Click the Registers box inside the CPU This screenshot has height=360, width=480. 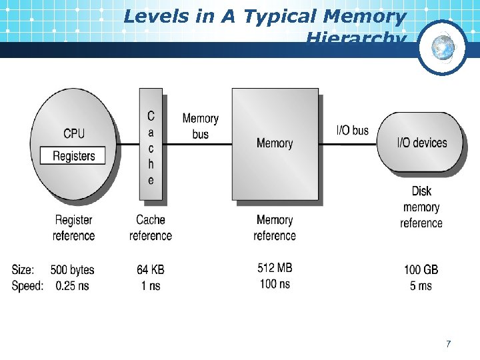(x=74, y=156)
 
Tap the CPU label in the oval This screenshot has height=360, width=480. (x=74, y=133)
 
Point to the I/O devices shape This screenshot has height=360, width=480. (x=421, y=142)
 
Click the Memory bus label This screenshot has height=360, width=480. (x=200, y=126)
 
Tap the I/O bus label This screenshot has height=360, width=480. (x=352, y=130)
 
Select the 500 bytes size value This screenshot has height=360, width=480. (x=73, y=270)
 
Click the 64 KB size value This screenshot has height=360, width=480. (x=151, y=270)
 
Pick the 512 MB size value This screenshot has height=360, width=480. (x=275, y=268)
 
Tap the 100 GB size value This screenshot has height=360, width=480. (x=421, y=270)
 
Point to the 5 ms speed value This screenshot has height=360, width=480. (x=421, y=285)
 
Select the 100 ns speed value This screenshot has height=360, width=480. (x=275, y=283)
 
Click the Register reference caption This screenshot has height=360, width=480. (x=74, y=227)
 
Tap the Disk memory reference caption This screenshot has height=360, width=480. (x=421, y=207)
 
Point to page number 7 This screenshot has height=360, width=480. (x=449, y=344)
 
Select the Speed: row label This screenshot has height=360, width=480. (x=27, y=285)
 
